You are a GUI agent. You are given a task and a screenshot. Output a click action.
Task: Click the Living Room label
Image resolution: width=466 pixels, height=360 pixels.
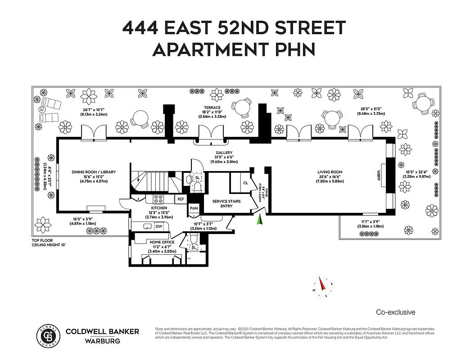tap(330, 172)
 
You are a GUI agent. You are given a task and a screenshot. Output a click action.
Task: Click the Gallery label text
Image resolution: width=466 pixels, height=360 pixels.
tap(224, 153)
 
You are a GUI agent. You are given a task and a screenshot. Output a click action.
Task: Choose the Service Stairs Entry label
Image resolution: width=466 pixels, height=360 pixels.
tap(220, 203)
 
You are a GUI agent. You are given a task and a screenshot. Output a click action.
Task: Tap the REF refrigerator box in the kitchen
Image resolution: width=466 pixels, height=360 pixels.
tap(181, 199)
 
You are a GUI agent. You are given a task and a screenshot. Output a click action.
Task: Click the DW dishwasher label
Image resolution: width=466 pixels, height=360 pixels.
tap(158, 227)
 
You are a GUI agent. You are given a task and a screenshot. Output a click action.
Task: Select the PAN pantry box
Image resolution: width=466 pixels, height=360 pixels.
tap(194, 208)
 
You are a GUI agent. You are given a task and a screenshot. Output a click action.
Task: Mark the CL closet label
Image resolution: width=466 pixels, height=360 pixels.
tap(245, 183)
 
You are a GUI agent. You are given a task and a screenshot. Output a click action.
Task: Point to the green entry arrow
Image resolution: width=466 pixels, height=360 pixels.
tap(259, 220)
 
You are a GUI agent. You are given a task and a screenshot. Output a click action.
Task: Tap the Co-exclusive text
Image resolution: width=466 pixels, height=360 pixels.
tap(395, 312)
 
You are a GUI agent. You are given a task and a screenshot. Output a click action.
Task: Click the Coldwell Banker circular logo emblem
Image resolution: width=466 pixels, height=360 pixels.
tap(48, 336)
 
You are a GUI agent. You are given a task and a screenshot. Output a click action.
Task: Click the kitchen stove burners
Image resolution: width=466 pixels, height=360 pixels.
tap(158, 198)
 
